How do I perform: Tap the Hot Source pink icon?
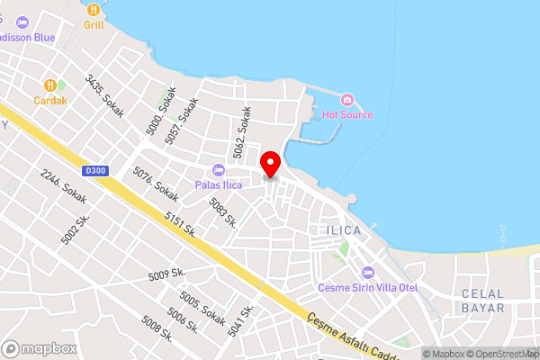(x=346, y=98)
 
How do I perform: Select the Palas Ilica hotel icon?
(x=217, y=170)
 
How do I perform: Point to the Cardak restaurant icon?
(x=50, y=84)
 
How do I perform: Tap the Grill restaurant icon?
(x=94, y=9)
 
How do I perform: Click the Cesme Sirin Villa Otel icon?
(x=367, y=272)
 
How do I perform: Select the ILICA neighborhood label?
(x=339, y=230)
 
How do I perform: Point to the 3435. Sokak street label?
(x=104, y=95)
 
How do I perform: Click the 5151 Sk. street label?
(x=180, y=224)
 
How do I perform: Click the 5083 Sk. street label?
(x=222, y=213)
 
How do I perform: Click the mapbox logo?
(x=40, y=349)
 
